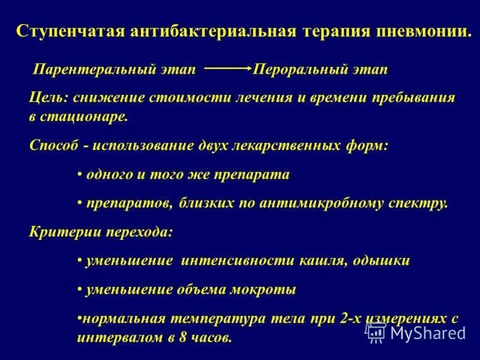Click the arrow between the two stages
tap(227, 70)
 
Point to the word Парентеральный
tap(115, 70)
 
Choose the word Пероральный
tap(299, 70)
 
